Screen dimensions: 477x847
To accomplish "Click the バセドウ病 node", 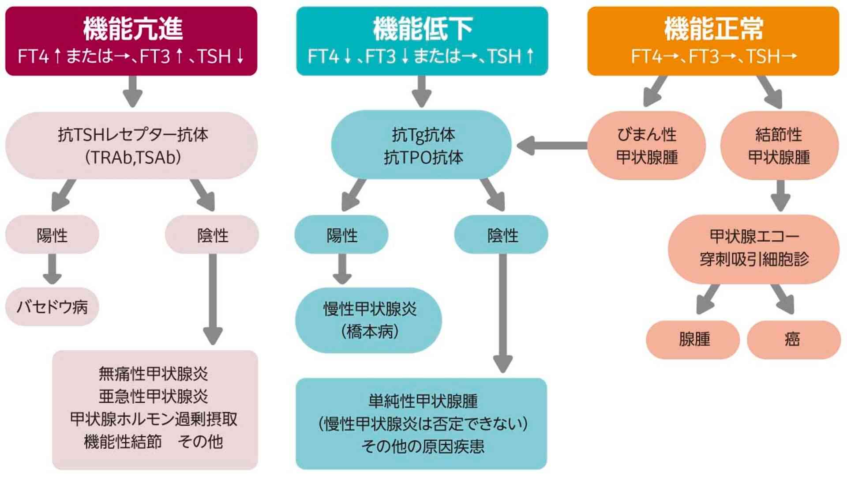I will tap(52, 307).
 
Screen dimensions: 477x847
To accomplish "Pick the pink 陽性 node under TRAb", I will tap(52, 235).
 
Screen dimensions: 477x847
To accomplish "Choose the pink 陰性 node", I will tap(212, 235).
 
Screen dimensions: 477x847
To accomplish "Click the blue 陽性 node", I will tap(341, 235).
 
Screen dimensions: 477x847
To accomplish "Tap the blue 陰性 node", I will tap(502, 235).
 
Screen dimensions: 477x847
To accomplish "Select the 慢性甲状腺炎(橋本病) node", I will tap(369, 320).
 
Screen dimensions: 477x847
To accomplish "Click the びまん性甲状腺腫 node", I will tap(647, 145).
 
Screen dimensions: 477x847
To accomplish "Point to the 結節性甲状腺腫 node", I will tap(779, 145).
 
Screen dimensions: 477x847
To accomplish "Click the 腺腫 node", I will tap(693, 339).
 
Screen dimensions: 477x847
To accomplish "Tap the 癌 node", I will tap(793, 339).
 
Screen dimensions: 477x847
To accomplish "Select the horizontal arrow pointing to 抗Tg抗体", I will tap(551, 145).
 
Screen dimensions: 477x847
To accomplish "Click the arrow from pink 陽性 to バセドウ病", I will tap(52, 269).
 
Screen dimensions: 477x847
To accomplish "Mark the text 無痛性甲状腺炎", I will tap(153, 374).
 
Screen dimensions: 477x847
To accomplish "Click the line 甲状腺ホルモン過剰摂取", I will tap(154, 419).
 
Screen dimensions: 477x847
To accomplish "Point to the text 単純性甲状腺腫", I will tap(423, 401).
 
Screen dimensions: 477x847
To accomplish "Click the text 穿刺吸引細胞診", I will tap(754, 259).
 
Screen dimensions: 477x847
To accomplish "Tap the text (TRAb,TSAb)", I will tap(132, 157).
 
